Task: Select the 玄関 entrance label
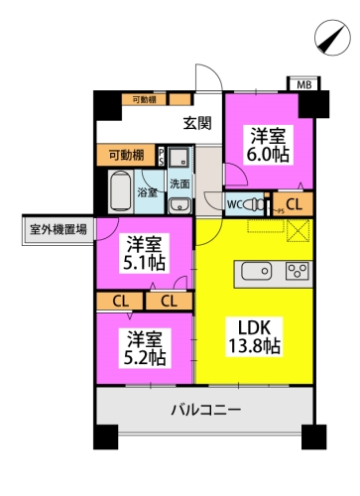197,124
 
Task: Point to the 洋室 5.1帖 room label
144,253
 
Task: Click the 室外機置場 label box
58,229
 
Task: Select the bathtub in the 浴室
120,189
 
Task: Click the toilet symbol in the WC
256,204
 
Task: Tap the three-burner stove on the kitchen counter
298,271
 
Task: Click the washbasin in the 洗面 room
180,204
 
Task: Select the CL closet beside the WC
296,204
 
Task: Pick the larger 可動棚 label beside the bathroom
125,155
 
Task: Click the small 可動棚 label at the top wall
145,100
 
